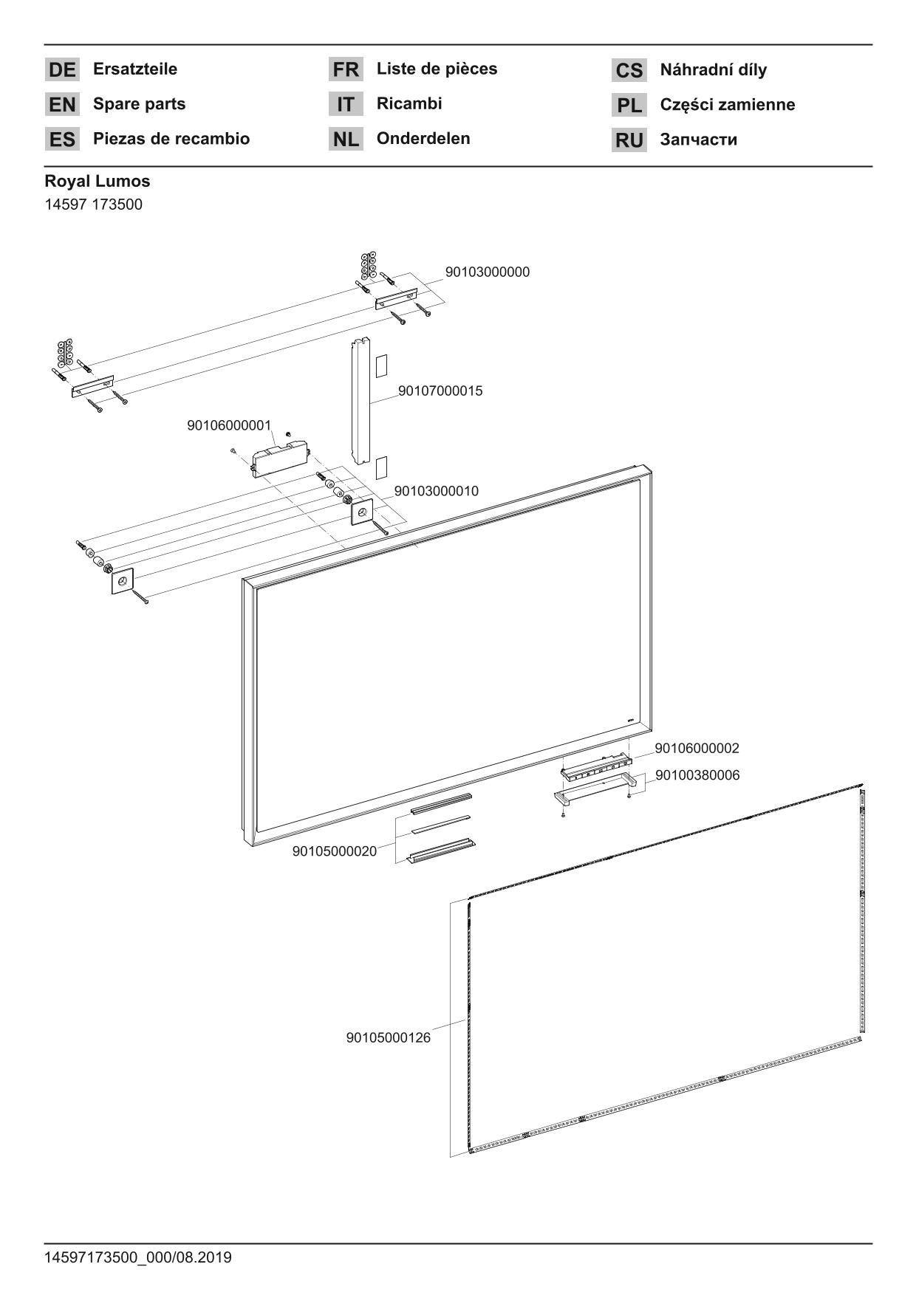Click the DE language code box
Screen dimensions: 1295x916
click(62, 70)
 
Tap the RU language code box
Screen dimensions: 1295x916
click(629, 140)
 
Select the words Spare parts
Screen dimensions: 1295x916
click(139, 104)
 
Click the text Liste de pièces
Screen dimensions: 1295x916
click(437, 69)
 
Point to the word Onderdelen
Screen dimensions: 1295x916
click(423, 139)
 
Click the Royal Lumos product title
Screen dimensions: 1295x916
click(97, 182)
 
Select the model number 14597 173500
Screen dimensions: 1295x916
click(93, 205)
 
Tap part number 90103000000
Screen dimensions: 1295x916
click(487, 272)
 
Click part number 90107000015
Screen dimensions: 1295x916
click(440, 391)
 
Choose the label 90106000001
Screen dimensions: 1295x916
click(229, 425)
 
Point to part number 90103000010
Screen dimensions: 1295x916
click(436, 491)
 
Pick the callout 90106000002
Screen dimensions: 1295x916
click(697, 749)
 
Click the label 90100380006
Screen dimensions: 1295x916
click(697, 775)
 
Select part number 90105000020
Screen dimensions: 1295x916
click(334, 851)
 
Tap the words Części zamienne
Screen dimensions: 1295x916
click(727, 105)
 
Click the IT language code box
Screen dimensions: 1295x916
click(346, 105)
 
